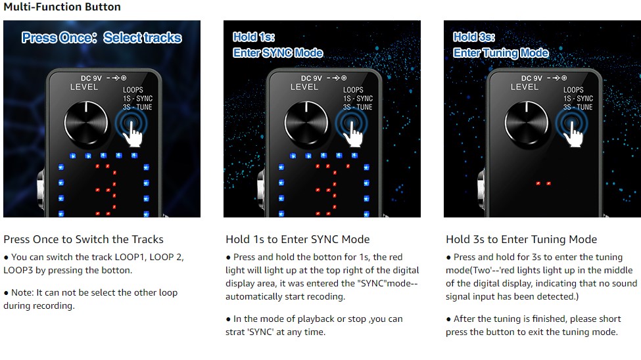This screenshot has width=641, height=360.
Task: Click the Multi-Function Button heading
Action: tap(62, 7)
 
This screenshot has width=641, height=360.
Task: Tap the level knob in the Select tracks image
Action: tap(86, 124)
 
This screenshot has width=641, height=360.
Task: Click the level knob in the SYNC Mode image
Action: tap(306, 124)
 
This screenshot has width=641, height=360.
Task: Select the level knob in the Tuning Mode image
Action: tap(527, 124)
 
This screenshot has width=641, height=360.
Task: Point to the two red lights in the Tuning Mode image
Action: tap(543, 183)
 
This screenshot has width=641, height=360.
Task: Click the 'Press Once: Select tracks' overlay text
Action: tap(102, 37)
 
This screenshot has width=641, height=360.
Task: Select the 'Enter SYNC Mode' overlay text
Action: tap(278, 53)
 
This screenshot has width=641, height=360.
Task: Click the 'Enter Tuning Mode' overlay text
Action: tap(501, 53)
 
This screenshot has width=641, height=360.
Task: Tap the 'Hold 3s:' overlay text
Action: tap(474, 37)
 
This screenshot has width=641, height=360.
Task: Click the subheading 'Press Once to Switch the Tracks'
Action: tap(83, 239)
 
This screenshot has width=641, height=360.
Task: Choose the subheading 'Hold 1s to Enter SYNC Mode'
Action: tap(298, 239)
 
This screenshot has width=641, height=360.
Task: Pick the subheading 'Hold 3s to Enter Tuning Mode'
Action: tap(521, 239)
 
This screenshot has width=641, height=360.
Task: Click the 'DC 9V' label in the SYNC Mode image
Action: tap(312, 78)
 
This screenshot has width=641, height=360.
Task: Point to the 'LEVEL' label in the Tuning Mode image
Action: tap(525, 87)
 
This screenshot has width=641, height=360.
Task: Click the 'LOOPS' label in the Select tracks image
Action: tap(133, 90)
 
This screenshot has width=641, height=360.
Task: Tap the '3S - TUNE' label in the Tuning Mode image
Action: tap(578, 107)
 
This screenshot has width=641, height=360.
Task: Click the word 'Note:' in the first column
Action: tap(22, 292)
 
